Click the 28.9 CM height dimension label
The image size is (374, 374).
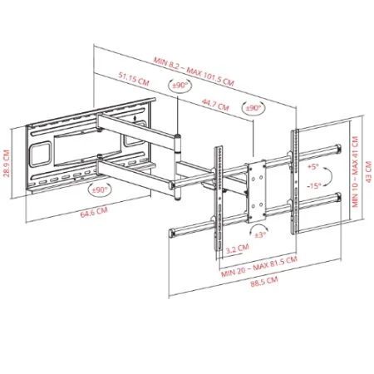point(7,164)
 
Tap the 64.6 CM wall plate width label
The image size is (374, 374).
point(94,212)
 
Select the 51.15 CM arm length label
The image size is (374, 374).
point(134,79)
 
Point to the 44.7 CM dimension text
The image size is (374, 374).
point(215,105)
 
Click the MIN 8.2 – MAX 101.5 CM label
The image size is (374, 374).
point(194,71)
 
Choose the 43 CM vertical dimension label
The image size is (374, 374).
point(368,172)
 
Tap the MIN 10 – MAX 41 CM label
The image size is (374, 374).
point(356,172)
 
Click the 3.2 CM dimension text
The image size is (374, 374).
point(237,249)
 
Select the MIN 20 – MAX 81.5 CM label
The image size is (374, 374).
point(259,267)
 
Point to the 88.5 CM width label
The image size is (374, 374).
point(264,283)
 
